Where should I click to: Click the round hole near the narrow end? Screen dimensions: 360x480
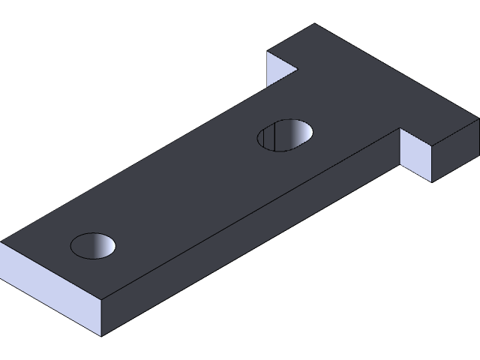click(x=94, y=244)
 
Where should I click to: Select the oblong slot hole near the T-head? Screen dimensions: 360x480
click(x=285, y=135)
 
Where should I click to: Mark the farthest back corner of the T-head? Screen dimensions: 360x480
click(x=313, y=24)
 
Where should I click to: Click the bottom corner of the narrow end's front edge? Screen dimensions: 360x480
click(x=100, y=336)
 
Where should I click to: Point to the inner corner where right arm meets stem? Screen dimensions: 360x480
click(x=399, y=129)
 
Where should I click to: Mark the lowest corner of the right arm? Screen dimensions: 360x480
click(x=432, y=181)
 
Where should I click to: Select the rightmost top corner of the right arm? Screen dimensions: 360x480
click(x=478, y=118)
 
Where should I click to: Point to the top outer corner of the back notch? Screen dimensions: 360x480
click(x=268, y=52)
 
